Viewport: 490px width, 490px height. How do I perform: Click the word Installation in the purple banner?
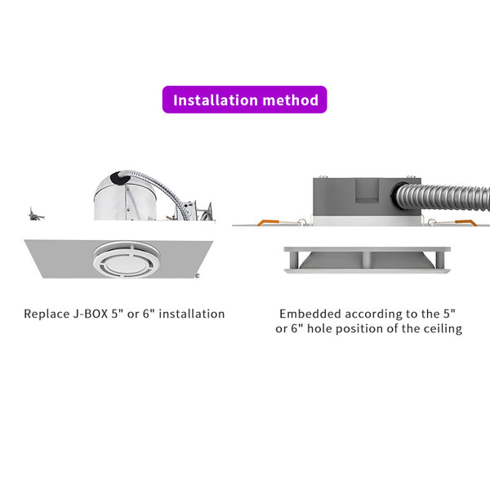[x=214, y=100]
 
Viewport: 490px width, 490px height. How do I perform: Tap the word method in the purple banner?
[x=291, y=100]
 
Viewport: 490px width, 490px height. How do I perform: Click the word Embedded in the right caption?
[x=311, y=314]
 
